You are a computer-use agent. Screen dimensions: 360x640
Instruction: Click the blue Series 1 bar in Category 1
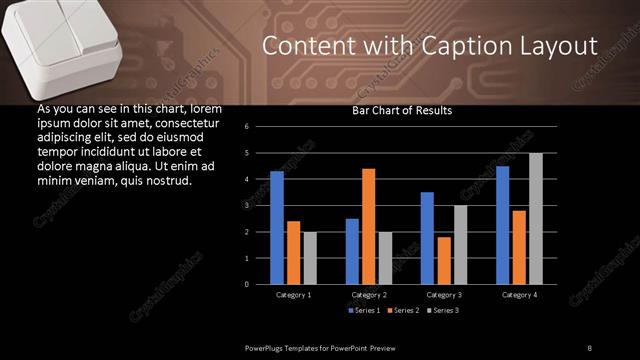click(x=277, y=228)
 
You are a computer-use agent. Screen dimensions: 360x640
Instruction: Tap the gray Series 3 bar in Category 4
click(x=535, y=218)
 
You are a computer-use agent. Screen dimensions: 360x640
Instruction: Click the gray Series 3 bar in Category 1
click(x=310, y=258)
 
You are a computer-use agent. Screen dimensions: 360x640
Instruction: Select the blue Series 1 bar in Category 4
click(x=502, y=225)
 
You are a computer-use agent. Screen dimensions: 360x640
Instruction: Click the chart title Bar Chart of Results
click(x=402, y=111)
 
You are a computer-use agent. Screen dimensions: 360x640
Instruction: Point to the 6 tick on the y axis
click(x=246, y=127)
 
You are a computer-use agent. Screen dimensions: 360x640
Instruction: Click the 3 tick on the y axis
click(x=246, y=205)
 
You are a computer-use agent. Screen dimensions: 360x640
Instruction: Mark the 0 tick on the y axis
click(x=246, y=284)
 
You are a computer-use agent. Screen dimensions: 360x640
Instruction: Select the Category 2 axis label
click(x=369, y=295)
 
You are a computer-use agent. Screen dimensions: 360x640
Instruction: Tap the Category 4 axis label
click(x=519, y=295)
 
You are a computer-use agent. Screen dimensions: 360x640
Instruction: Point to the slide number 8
click(x=590, y=346)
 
